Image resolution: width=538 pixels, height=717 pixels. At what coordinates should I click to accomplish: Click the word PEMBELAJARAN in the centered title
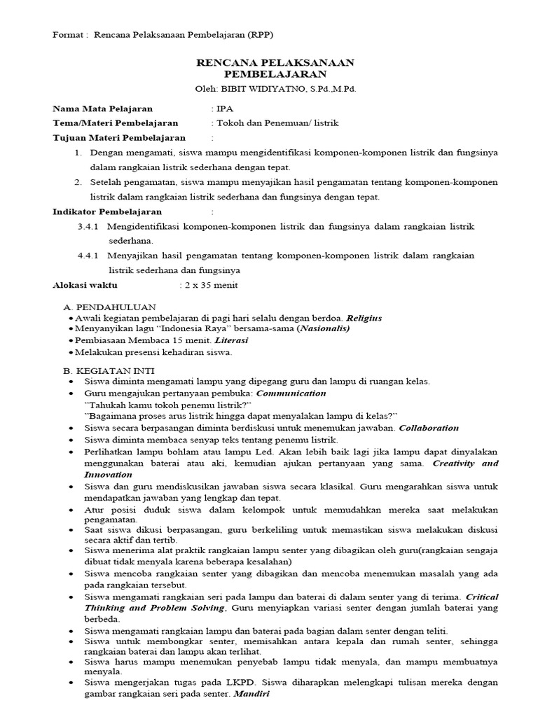tap(275, 74)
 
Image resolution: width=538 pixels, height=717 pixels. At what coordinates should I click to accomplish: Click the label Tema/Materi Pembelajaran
tap(115, 123)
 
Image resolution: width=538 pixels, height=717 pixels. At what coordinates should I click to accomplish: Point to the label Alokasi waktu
tap(85, 285)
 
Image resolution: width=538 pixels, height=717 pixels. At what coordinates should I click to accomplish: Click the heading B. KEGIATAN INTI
tap(109, 370)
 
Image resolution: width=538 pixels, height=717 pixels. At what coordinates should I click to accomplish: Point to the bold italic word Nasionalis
tap(324, 328)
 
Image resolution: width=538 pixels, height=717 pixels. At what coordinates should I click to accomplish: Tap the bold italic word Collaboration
tap(429, 427)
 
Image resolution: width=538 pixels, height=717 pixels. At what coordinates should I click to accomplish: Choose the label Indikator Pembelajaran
tap(107, 211)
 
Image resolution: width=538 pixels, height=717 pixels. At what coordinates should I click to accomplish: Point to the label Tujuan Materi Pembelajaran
tap(119, 137)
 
